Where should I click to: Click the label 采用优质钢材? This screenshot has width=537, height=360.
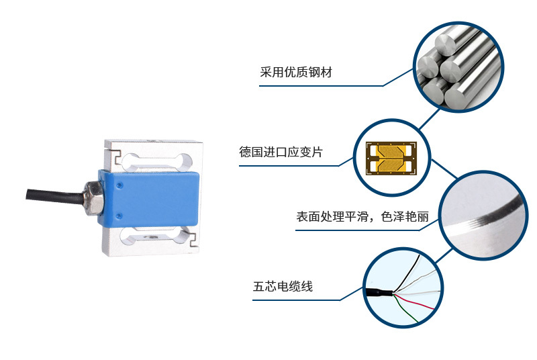pos(296,73)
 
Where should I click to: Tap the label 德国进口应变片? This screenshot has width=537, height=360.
pos(281,152)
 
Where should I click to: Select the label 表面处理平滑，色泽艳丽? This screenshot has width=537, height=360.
pos(362,216)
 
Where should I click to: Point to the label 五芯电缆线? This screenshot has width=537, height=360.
pos(283,286)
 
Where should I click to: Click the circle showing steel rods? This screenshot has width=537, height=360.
pos(458,67)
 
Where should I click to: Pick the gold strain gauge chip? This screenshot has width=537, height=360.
pos(391,158)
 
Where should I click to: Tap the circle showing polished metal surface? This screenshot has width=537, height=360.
pos(483,215)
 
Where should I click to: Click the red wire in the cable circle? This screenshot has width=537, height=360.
pos(414,302)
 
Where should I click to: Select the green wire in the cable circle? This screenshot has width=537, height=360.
pos(406,309)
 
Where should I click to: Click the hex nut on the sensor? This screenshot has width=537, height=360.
pos(93,198)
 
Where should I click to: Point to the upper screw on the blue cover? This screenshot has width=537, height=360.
pos(119,185)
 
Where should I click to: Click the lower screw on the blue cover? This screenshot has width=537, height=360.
pos(119,216)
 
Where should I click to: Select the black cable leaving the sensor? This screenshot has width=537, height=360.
pos(55,195)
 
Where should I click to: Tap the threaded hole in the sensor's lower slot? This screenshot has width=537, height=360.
pos(150,236)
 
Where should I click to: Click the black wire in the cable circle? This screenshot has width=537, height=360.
pos(407,273)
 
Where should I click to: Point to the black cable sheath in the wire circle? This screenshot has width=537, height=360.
pos(379,293)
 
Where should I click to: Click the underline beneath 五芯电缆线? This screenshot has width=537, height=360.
pos(297,300)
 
